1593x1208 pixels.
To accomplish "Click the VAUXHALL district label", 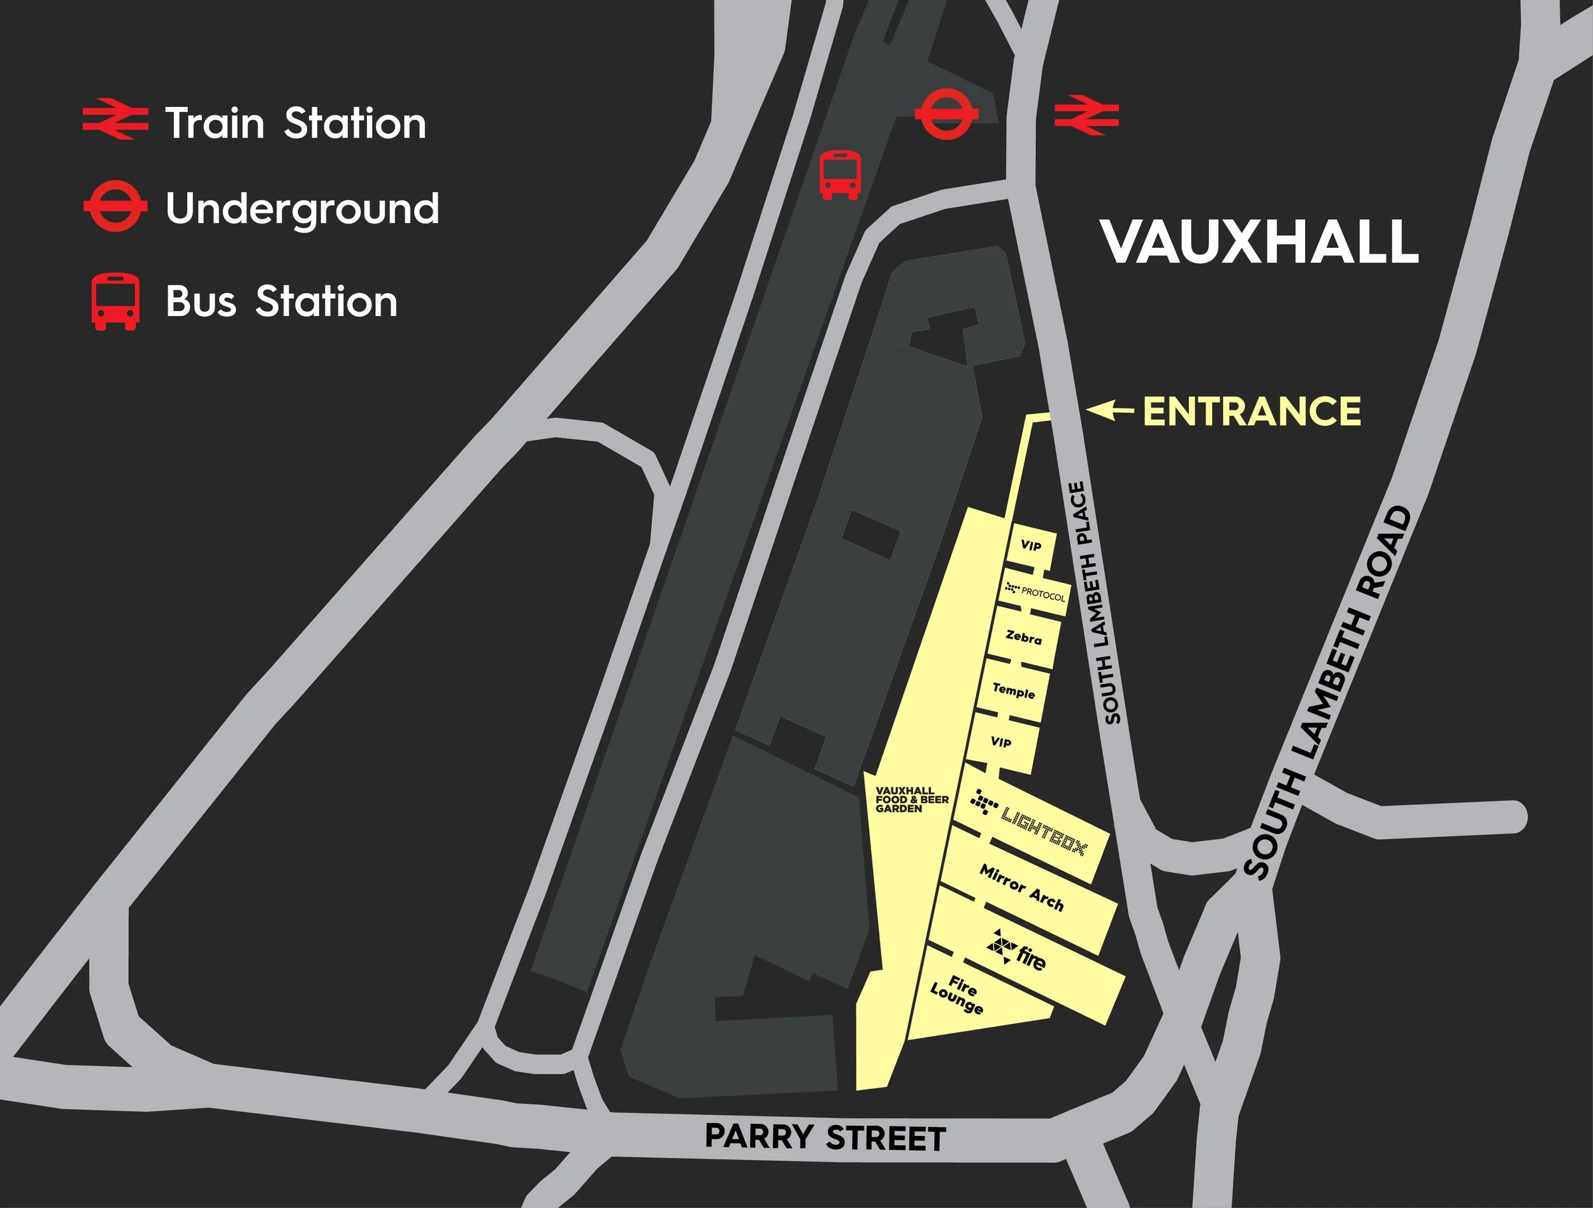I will tap(1259, 242).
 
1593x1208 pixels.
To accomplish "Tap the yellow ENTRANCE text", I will tap(1251, 412).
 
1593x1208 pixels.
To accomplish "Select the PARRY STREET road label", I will tap(825, 1137).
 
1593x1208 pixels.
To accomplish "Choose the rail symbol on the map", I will tap(1086, 115).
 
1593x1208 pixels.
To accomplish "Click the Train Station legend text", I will tap(295, 123).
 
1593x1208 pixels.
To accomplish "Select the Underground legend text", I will tap(303, 209).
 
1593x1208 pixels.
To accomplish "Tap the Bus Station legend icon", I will tap(115, 301).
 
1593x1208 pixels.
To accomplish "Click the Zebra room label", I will tap(1023, 638).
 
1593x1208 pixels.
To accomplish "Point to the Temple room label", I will tap(1013, 691).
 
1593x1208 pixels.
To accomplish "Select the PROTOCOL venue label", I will tap(1035, 593).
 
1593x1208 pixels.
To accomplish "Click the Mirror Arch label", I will tap(1021, 888).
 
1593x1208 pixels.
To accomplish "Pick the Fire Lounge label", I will tap(958, 994).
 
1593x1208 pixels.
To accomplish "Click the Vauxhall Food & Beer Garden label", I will tap(912, 799).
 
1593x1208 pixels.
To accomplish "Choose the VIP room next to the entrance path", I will tap(1031, 545).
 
